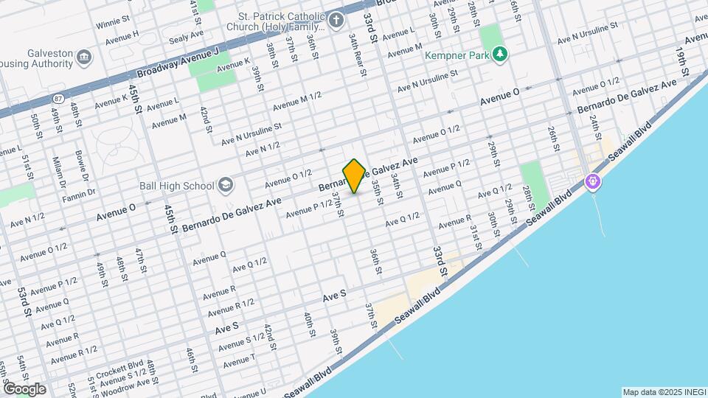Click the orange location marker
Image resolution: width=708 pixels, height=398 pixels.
click(x=355, y=176)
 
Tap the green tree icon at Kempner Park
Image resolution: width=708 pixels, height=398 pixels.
click(x=501, y=53)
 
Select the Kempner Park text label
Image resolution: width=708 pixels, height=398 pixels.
click(x=457, y=54)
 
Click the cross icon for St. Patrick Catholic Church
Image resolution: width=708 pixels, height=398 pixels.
click(x=336, y=19)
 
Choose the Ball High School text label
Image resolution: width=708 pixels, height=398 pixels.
click(x=178, y=186)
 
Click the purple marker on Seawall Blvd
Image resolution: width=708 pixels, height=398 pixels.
click(x=591, y=181)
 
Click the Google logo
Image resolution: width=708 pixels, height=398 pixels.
click(x=24, y=388)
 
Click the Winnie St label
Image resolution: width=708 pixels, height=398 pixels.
click(x=113, y=22)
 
